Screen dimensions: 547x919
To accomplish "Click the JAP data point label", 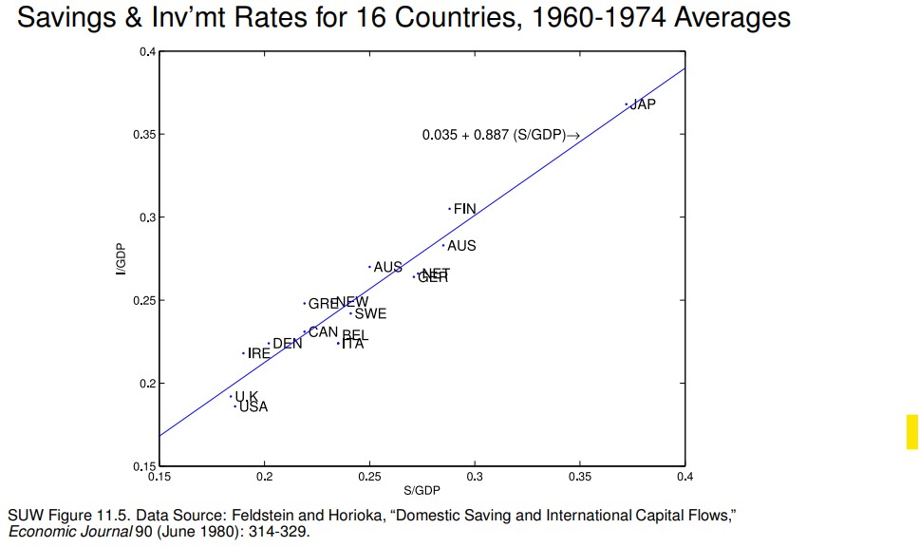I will [643, 104].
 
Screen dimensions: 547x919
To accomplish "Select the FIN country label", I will [465, 209].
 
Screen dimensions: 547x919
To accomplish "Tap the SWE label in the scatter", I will [370, 313].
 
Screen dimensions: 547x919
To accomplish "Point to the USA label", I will [253, 407].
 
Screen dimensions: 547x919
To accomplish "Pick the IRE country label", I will [259, 353].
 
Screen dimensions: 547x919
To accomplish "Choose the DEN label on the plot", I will [288, 344].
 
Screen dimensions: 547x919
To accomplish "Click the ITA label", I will [352, 345].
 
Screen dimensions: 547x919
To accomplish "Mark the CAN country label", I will [323, 332].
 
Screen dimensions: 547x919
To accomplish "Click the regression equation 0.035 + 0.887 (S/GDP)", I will [500, 136].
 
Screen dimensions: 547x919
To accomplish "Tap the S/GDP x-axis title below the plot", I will [422, 490].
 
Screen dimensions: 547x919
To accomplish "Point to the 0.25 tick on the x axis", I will [369, 477].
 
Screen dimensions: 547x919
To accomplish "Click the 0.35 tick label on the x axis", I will [580, 477].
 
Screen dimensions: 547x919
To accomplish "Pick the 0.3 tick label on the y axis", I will [146, 217].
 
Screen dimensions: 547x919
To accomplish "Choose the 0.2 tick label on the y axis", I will [146, 384].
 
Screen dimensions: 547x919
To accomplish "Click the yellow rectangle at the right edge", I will [912, 431].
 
